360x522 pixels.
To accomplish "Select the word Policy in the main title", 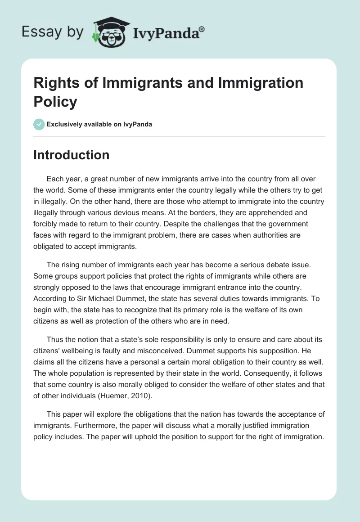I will click(55, 101).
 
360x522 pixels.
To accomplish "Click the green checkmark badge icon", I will click(39, 124).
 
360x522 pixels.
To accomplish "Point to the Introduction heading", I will click(72, 155).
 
